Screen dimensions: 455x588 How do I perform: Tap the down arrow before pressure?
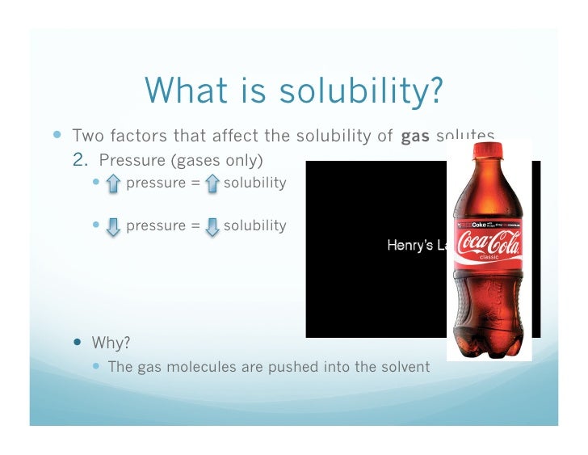113,226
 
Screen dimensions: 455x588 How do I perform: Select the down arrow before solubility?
212,226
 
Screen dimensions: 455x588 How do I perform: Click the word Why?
111,342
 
